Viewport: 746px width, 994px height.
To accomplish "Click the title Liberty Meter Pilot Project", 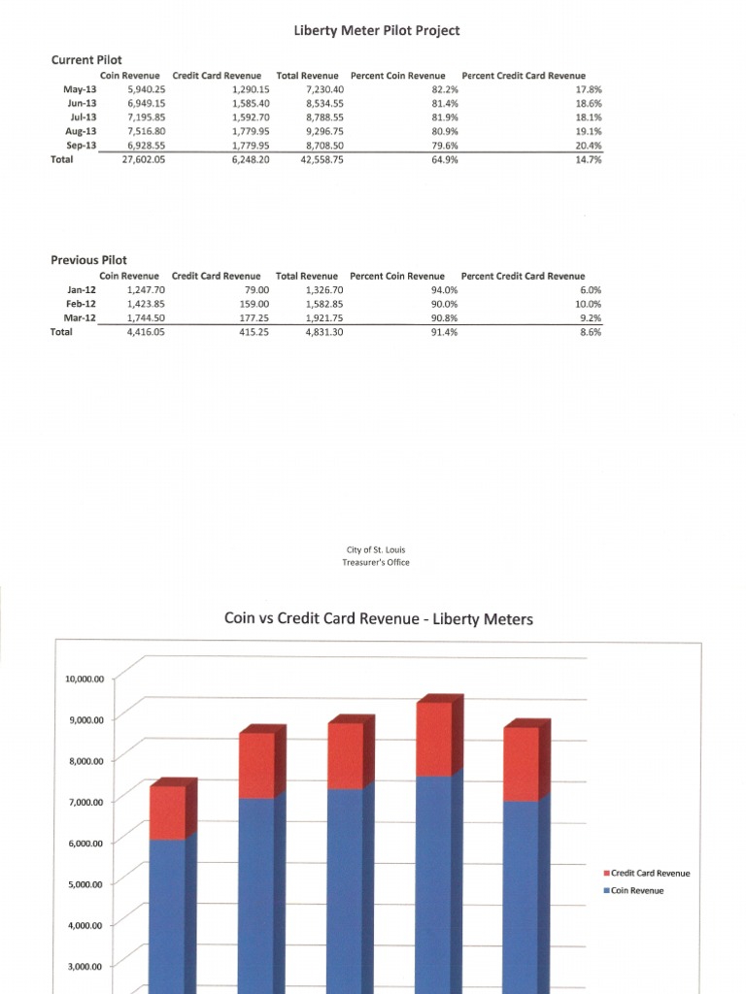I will [376, 31].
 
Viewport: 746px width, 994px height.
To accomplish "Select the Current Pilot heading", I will [86, 60].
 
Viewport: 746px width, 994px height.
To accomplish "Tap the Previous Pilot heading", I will [88, 260].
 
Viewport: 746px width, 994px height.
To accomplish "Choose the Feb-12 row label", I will [81, 304].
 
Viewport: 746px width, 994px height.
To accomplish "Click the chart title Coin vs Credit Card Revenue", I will [379, 618].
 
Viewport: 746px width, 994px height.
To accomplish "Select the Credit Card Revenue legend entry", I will [650, 874].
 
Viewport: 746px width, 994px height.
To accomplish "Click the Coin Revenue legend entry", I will [637, 890].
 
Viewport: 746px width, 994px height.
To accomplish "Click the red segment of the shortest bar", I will [167, 812].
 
